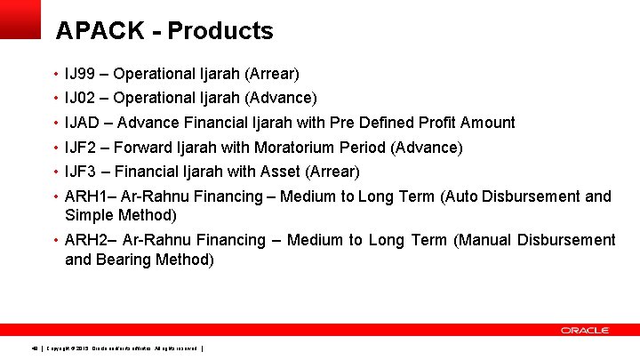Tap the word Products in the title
click(220, 31)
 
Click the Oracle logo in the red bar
click(584, 330)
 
